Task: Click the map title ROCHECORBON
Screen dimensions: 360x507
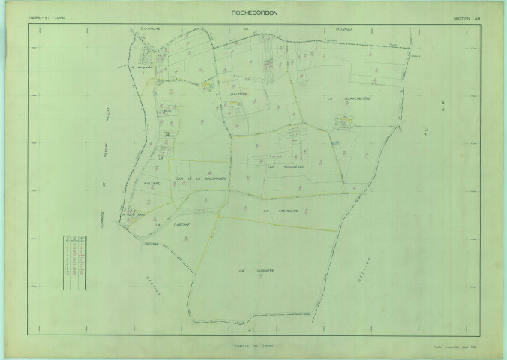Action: click(253, 13)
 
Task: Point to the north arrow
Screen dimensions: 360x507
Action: click(442, 118)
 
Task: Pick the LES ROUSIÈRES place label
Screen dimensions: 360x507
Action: click(285, 166)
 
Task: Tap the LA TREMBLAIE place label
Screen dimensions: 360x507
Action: click(280, 211)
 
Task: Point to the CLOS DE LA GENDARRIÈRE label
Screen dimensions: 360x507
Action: click(201, 178)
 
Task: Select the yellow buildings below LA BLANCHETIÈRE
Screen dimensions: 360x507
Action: click(345, 122)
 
